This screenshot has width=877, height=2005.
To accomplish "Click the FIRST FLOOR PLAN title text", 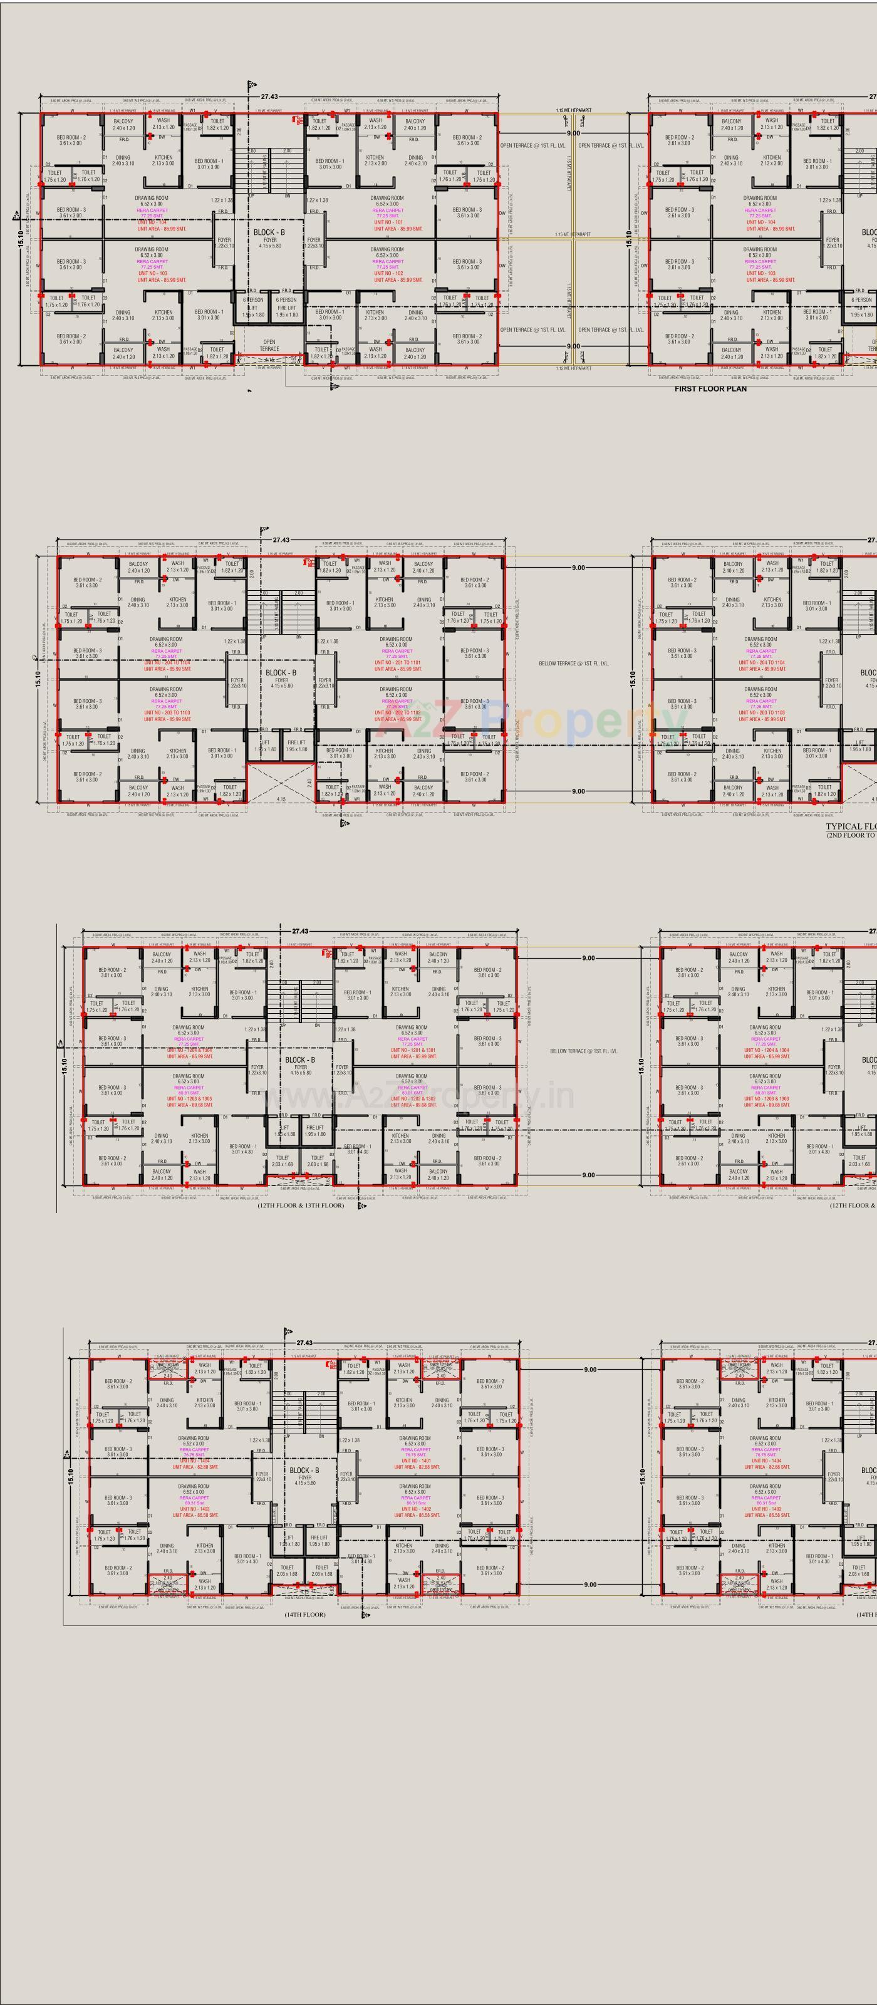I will [x=710, y=388].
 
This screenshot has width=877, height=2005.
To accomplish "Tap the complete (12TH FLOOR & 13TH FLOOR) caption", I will [x=301, y=1205].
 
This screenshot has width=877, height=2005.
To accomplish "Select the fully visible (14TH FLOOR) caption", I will [x=305, y=1614].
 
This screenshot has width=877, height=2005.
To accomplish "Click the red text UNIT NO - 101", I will [x=388, y=222].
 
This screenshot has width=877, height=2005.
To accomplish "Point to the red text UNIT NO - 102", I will [x=388, y=273].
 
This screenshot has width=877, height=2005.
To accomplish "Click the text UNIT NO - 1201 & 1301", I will [x=412, y=1050].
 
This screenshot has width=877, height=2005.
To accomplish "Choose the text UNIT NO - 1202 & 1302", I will [x=412, y=1099].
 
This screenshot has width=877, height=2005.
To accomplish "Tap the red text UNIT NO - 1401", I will [x=415, y=1461].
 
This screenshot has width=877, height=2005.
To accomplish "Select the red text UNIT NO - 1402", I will [x=415, y=1508].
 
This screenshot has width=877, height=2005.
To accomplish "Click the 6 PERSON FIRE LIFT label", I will [x=286, y=306].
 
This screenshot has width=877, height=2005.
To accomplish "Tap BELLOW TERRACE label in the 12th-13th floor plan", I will [x=584, y=1051].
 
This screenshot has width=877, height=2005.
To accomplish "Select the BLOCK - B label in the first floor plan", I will [x=269, y=232].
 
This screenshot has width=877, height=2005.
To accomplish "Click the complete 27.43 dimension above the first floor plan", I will [x=269, y=97].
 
